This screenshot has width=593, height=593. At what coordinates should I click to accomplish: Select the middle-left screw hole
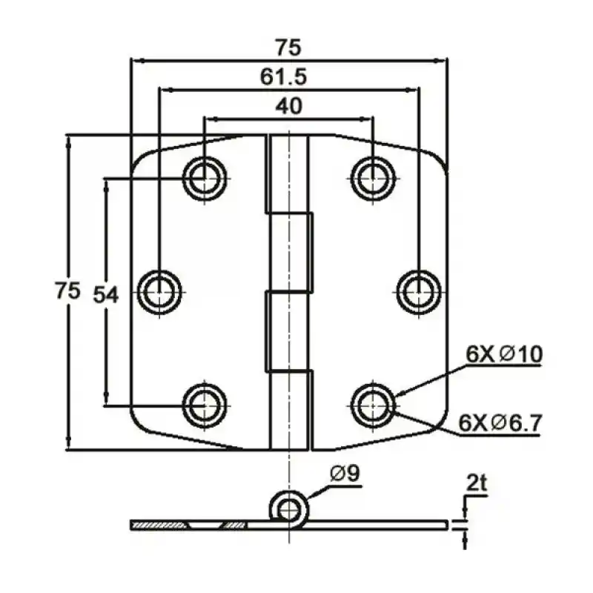[159, 292]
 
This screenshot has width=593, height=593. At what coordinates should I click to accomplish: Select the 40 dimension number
[288, 106]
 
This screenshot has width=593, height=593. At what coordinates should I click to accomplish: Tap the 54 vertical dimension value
[105, 294]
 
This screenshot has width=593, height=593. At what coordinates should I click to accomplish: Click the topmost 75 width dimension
[288, 47]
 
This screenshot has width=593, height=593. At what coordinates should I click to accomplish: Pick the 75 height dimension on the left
[67, 291]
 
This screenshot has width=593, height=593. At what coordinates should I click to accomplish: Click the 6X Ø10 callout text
[503, 355]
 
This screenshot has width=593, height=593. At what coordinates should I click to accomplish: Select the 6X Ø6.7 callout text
[500, 423]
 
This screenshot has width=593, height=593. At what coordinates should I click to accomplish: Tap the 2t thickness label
[476, 485]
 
